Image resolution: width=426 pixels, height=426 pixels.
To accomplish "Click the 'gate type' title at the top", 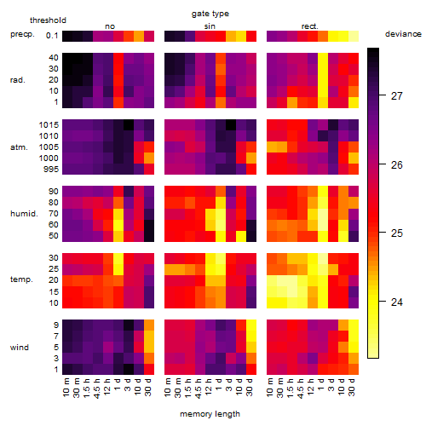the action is pyautogui.click(x=210, y=14).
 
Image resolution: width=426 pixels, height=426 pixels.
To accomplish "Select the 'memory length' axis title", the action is pyautogui.click(x=210, y=414).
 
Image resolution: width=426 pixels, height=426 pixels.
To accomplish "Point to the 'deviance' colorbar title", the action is pyautogui.click(x=403, y=34).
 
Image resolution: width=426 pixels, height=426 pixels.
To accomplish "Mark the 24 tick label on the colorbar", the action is pyautogui.click(x=397, y=302).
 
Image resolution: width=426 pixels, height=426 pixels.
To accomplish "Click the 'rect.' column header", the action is pyautogui.click(x=310, y=26).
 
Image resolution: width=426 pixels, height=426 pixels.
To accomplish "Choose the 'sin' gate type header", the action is pyautogui.click(x=210, y=26).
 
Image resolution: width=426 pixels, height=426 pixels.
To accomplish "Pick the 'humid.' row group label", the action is pyautogui.click(x=24, y=214).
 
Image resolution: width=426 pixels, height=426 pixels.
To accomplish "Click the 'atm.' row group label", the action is pyautogui.click(x=19, y=147).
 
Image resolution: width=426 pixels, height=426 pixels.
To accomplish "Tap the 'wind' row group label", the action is pyautogui.click(x=20, y=348).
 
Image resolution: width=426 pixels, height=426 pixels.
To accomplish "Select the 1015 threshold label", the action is pyautogui.click(x=49, y=125).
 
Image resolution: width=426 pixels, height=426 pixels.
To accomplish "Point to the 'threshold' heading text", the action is pyautogui.click(x=48, y=20).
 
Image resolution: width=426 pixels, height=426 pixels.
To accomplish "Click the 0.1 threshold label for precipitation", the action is pyautogui.click(x=52, y=36).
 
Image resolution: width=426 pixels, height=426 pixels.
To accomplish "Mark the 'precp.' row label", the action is pyautogui.click(x=22, y=34).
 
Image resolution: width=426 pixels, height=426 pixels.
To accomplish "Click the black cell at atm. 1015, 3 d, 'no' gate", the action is pyautogui.click(x=129, y=125).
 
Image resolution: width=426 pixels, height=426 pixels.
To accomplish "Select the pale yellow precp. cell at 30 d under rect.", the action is pyautogui.click(x=354, y=36).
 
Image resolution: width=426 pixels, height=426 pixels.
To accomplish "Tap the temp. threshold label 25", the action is pyautogui.click(x=54, y=269).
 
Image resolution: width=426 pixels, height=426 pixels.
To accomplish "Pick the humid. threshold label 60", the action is pyautogui.click(x=54, y=225).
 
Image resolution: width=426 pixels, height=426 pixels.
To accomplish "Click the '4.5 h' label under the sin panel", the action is pyautogui.click(x=199, y=389).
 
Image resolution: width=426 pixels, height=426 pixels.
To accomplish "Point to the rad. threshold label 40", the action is pyautogui.click(x=54, y=58).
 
